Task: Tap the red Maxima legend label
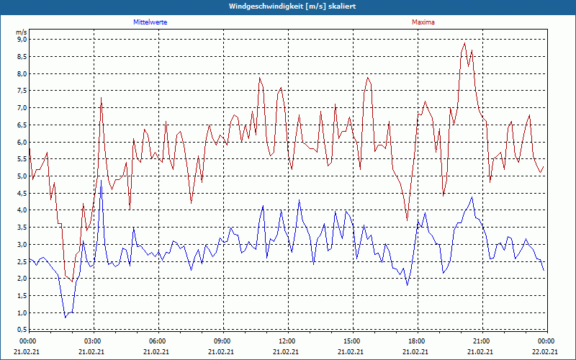click(x=423, y=22)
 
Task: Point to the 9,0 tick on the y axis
click(x=22, y=40)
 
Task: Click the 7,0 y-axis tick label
click(x=22, y=108)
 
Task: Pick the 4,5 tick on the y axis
click(x=22, y=193)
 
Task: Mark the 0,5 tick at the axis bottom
click(x=22, y=329)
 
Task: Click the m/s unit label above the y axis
click(x=21, y=32)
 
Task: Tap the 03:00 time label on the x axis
click(x=93, y=341)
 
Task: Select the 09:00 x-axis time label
click(x=222, y=341)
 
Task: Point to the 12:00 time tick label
click(x=287, y=341)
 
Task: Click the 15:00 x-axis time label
click(x=351, y=341)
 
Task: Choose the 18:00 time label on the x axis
click(x=416, y=341)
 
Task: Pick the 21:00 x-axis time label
click(x=481, y=341)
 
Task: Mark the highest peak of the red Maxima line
click(x=464, y=43)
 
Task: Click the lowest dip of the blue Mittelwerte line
click(x=65, y=317)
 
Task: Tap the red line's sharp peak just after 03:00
click(x=102, y=97)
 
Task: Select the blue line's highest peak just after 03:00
click(x=102, y=180)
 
